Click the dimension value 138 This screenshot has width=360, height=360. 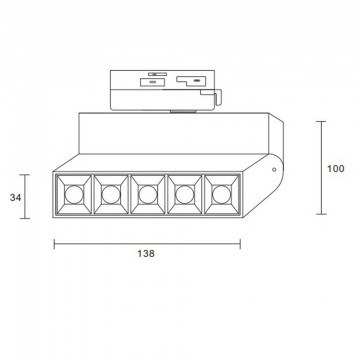[x=146, y=254]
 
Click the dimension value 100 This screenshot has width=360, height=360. [x=336, y=169]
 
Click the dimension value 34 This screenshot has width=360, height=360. [x=15, y=198]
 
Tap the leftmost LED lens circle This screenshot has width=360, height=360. [x=73, y=195]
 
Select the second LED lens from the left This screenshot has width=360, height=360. [x=111, y=195]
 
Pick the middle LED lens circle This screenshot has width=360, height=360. [x=148, y=195]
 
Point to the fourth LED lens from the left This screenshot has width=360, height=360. [x=185, y=195]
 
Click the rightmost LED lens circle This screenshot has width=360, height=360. [x=221, y=195]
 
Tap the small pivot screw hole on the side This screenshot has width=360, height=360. [x=274, y=169]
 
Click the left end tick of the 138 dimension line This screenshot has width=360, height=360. [x=54, y=244]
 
